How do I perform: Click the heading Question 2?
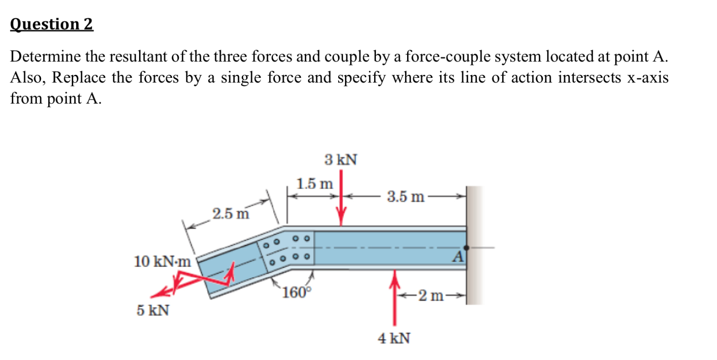click(x=51, y=24)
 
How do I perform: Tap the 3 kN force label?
click(x=341, y=159)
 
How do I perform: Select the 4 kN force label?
click(x=394, y=338)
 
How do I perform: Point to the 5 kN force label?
click(x=153, y=311)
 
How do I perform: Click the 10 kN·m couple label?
click(x=162, y=261)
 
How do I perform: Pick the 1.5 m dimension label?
click(x=315, y=184)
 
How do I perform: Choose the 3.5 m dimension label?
click(x=405, y=197)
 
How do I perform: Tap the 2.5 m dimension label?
click(x=231, y=214)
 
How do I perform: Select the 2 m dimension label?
click(x=431, y=296)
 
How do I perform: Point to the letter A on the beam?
click(x=458, y=257)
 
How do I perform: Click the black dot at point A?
click(x=466, y=247)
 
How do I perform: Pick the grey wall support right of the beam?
click(x=474, y=245)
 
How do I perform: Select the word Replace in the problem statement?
click(x=79, y=77)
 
